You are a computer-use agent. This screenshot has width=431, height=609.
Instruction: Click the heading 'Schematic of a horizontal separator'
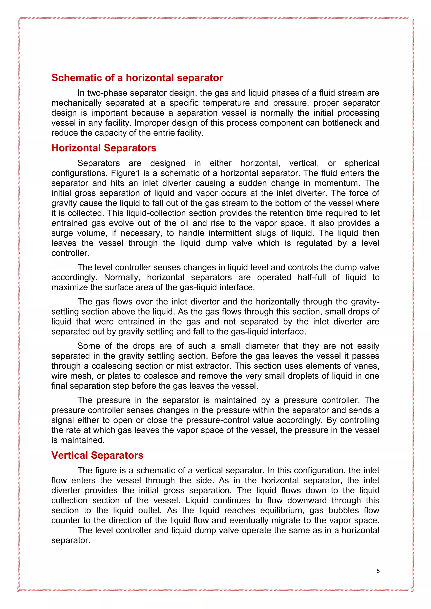point(137,78)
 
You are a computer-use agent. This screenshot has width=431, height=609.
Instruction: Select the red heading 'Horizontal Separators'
point(104,148)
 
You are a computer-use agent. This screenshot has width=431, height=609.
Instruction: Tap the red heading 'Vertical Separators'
point(97,455)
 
